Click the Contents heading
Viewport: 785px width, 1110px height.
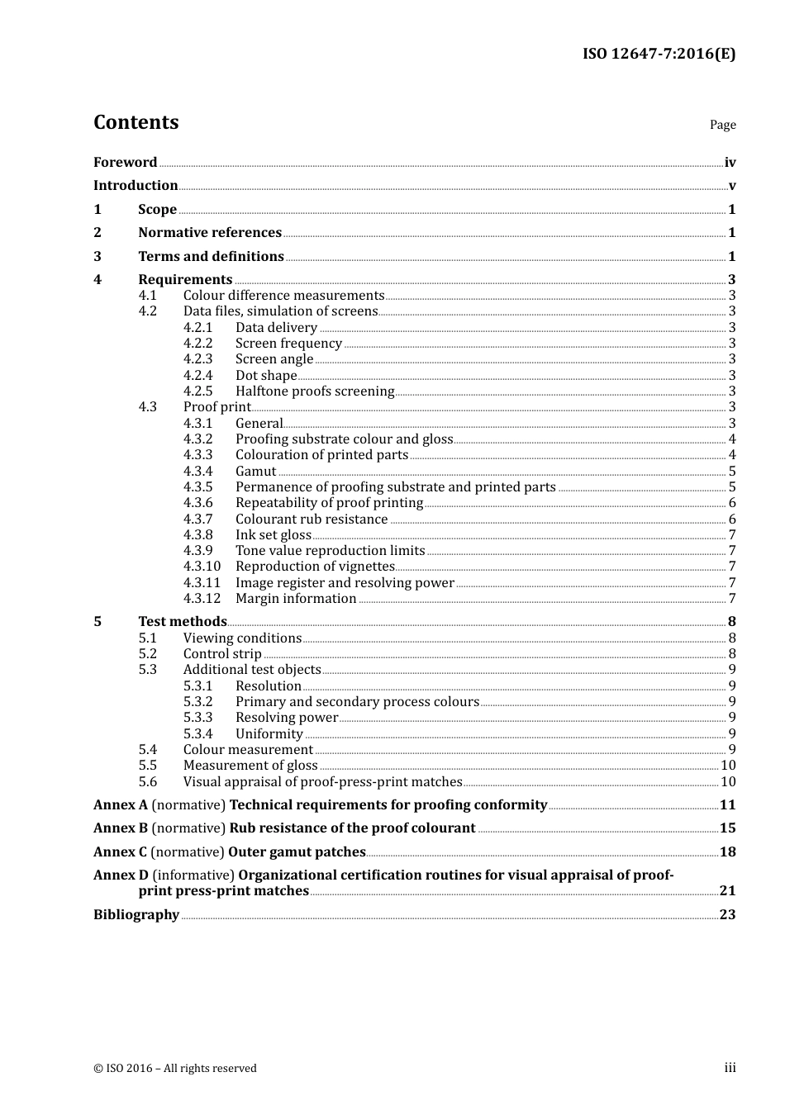click(136, 122)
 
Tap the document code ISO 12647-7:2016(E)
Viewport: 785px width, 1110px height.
click(659, 55)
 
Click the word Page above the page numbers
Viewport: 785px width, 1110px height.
click(722, 125)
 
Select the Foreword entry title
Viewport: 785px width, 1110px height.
click(125, 163)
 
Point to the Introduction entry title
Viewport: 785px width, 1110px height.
click(136, 186)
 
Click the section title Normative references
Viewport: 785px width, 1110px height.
click(210, 233)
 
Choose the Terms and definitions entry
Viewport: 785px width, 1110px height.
click(211, 257)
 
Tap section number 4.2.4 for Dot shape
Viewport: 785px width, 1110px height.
click(197, 376)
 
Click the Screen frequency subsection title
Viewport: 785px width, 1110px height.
click(288, 344)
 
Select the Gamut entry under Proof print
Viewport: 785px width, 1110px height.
click(255, 472)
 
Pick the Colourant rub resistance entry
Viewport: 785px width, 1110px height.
click(312, 519)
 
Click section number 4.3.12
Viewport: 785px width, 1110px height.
click(202, 599)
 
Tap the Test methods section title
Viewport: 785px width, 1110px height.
click(183, 622)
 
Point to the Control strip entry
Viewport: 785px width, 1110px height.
click(222, 654)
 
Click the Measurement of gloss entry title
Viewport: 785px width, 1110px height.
click(250, 766)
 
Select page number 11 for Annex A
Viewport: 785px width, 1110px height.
click(727, 805)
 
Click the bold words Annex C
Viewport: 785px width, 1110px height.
click(120, 852)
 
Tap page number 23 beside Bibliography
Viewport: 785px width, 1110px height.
click(727, 915)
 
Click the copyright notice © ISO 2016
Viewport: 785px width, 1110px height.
click(175, 1069)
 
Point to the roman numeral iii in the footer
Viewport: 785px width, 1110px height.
click(730, 1068)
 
